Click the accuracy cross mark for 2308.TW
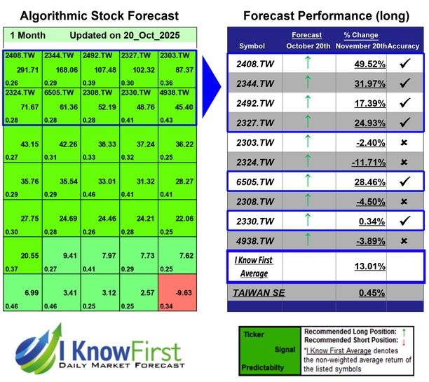[404, 202]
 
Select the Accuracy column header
[404, 46]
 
